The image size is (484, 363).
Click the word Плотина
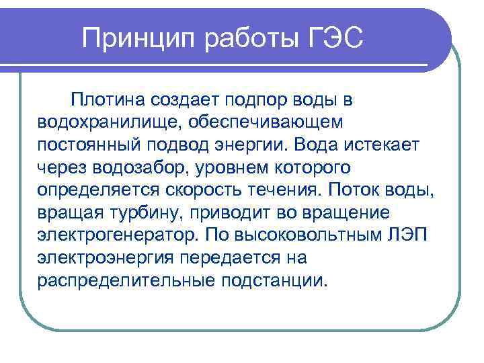[108, 100]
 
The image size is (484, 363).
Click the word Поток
[358, 189]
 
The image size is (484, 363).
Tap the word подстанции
[275, 278]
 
